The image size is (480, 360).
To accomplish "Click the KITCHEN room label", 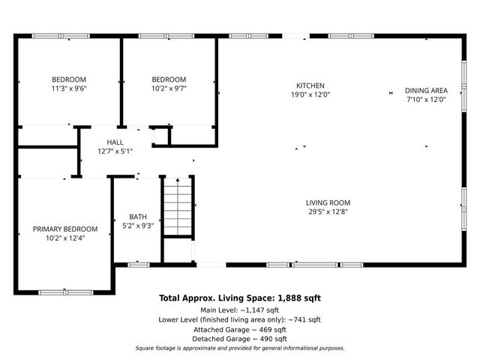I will pos(310,85).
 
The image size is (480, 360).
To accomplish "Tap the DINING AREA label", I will pos(426,90).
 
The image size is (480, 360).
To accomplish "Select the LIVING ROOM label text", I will pos(328,202).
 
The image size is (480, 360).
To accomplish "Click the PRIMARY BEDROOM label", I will pos(64,229).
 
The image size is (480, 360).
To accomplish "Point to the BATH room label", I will pos(138,217).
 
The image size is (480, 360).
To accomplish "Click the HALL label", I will pos(115,142).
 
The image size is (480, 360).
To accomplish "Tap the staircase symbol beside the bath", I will pos(178,208).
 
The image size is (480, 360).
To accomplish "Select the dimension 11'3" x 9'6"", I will pos(68,88).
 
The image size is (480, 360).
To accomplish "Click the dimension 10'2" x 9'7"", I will pos(169,88).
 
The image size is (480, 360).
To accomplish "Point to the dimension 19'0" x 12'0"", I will pos(310,94).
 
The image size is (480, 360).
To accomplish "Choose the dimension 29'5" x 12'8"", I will pos(328,211).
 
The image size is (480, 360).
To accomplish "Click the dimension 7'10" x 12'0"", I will pos(426,99).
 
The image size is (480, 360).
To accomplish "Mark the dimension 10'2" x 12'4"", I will pos(64,238).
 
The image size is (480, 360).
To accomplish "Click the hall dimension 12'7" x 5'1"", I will pos(115,151).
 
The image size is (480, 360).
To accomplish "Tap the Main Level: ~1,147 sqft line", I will pos(239,310).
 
